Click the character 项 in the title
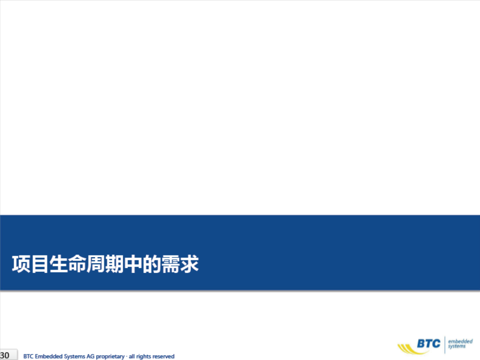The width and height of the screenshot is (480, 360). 21,264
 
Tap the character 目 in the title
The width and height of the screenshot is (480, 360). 40,264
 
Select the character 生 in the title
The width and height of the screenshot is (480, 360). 59,264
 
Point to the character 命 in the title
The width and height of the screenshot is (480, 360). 77,264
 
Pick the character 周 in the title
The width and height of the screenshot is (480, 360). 96,264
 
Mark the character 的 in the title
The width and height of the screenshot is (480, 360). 152,264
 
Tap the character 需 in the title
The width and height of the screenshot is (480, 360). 170,264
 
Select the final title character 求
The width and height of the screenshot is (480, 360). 189,264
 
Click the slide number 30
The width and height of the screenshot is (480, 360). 4,356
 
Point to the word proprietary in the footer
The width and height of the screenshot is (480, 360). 110,357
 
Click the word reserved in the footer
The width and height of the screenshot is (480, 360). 163,356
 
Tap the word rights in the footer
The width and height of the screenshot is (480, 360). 144,357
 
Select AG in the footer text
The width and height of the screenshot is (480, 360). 90,356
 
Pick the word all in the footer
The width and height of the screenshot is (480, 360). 132,356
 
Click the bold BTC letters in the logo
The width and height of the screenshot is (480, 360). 429,343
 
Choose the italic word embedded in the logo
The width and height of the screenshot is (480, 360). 460,341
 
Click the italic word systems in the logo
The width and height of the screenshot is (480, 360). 457,346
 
